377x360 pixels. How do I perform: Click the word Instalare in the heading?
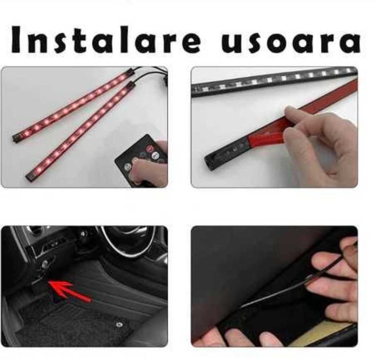click(x=106, y=40)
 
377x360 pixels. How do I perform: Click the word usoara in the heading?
click(x=290, y=42)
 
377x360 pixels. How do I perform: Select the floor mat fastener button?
click(x=119, y=324)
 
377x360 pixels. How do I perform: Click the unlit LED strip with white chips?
click(x=274, y=81)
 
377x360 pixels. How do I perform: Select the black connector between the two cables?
click(x=165, y=81)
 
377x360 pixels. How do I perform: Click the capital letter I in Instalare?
click(x=16, y=40)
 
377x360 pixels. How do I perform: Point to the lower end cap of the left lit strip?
click(x=16, y=138)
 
